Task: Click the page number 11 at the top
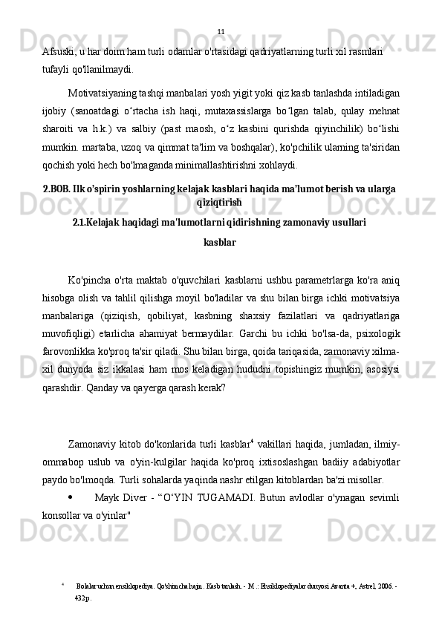tap(221, 31)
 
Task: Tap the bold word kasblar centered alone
tap(220, 242)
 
